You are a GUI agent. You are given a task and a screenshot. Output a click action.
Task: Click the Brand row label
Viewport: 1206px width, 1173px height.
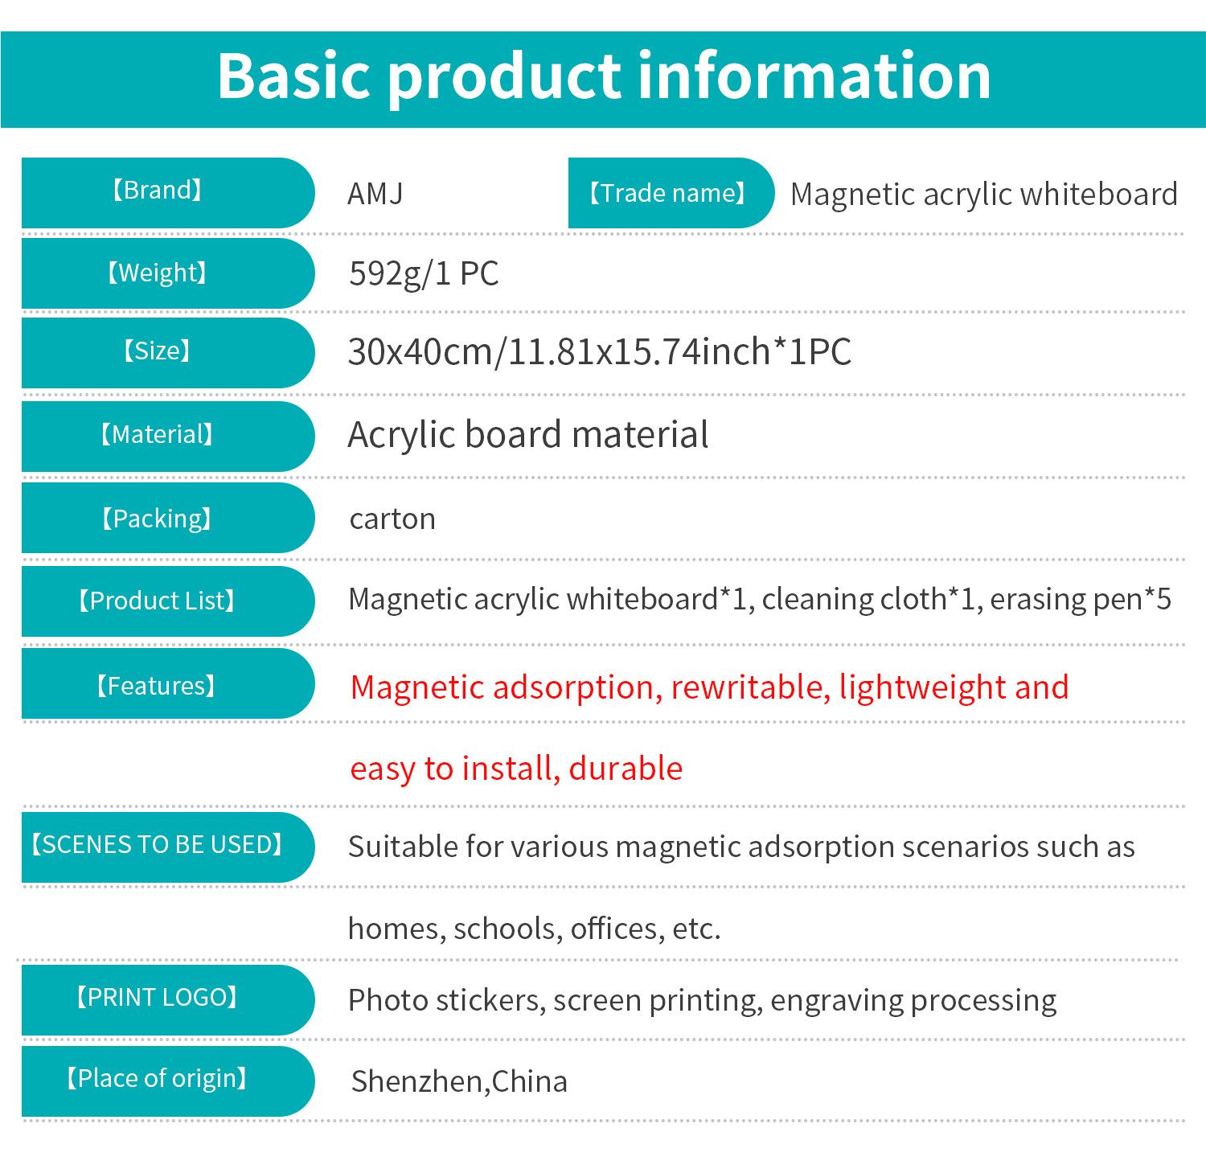click(157, 191)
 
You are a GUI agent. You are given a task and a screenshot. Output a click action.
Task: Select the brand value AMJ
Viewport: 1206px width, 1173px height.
click(375, 194)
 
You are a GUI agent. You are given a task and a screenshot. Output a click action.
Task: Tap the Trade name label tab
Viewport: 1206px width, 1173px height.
click(668, 193)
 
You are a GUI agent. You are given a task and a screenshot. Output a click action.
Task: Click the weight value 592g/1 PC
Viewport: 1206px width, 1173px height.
click(424, 273)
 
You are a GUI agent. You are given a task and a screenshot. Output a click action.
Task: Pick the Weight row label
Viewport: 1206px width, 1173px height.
click(157, 273)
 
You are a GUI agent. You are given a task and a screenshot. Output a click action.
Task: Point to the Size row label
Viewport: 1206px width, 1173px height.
click(157, 351)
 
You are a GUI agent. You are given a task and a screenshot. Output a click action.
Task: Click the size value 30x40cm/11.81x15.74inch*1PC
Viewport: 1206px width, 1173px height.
click(600, 351)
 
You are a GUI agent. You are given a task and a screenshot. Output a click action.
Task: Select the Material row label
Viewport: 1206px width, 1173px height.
click(157, 435)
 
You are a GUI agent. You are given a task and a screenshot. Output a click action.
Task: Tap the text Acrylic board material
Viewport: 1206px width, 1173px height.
click(528, 435)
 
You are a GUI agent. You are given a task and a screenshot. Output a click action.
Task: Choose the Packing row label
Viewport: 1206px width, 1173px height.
click(157, 519)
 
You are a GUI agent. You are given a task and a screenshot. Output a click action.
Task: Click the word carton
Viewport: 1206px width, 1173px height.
click(392, 519)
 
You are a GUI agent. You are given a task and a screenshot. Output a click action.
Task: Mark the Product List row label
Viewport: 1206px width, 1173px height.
click(157, 601)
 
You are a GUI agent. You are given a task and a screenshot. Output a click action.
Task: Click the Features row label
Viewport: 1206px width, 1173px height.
click(157, 686)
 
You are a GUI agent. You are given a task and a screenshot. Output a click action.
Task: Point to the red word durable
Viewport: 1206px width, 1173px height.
click(626, 769)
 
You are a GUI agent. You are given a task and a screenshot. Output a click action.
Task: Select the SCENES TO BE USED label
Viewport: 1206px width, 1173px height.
click(157, 845)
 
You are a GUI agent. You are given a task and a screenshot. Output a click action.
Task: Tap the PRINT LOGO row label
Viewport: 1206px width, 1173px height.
click(157, 998)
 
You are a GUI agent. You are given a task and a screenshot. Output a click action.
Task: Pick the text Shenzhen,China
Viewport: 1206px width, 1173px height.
click(459, 1081)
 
